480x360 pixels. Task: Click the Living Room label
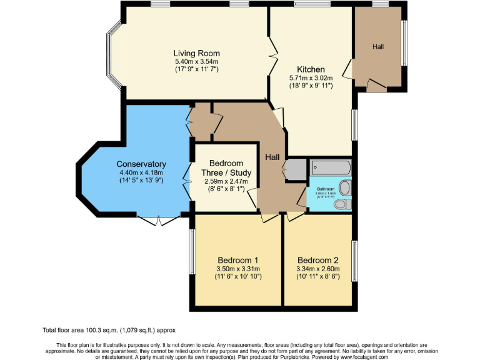pyautogui.click(x=196, y=53)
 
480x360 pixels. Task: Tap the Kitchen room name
pyautogui.click(x=311, y=69)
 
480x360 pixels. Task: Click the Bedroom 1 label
pyautogui.click(x=238, y=260)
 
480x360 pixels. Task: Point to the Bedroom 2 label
pyautogui.click(x=318, y=260)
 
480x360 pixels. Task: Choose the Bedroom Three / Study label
pyautogui.click(x=226, y=168)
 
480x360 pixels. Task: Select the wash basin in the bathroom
pyautogui.click(x=345, y=187)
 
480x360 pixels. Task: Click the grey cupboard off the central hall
pyautogui.click(x=296, y=168)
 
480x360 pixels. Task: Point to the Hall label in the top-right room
pyautogui.click(x=379, y=47)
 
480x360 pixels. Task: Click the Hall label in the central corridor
pyautogui.click(x=272, y=157)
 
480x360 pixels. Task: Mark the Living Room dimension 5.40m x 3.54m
pyautogui.click(x=196, y=62)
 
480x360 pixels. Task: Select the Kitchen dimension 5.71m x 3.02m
pyautogui.click(x=311, y=77)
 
